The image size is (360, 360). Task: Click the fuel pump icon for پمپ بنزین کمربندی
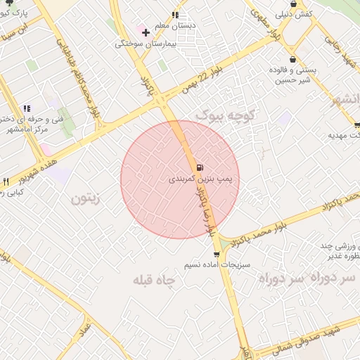click(201, 167)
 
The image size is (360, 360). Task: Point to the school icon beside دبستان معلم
click(175, 14)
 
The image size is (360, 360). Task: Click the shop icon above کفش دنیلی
click(293, 4)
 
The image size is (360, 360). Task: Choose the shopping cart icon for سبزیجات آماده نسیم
click(216, 254)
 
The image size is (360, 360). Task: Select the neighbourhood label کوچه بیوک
click(227, 112)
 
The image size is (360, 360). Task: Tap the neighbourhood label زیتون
click(86, 199)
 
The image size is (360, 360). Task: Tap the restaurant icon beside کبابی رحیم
click(6, 181)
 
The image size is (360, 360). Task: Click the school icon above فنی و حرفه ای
click(27, 108)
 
